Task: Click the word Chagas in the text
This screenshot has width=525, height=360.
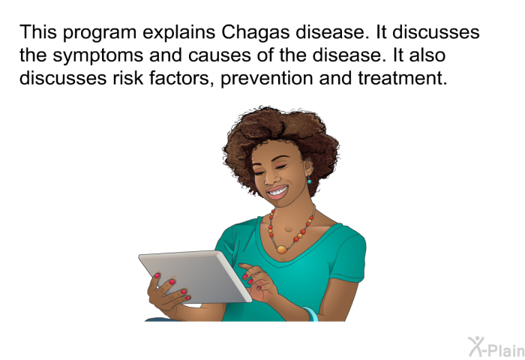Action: pyautogui.click(x=256, y=33)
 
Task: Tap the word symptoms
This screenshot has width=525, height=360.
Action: pyautogui.click(x=97, y=56)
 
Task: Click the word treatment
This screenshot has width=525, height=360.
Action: pyautogui.click(x=403, y=78)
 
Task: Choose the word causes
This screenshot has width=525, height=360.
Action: pyautogui.click(x=219, y=56)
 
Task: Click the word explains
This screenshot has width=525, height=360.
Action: pyautogui.click(x=178, y=33)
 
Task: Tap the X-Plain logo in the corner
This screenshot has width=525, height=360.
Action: pyautogui.click(x=496, y=346)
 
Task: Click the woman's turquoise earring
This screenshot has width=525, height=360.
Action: pyautogui.click(x=309, y=181)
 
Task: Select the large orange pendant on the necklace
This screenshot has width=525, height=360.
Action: pyautogui.click(x=281, y=249)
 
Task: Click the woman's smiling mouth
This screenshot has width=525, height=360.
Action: pyautogui.click(x=278, y=193)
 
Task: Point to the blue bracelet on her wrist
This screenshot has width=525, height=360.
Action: pyautogui.click(x=310, y=313)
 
